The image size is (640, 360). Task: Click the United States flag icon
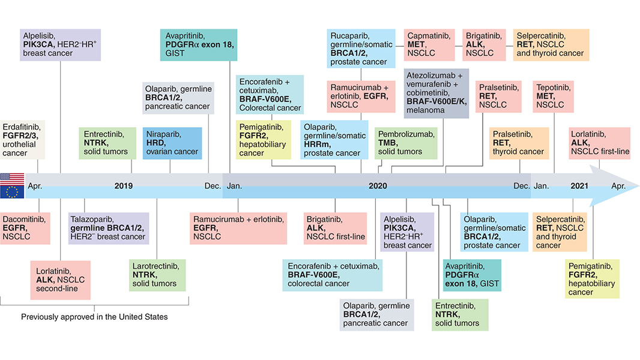(x=12, y=178)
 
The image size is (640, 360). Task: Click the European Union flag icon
(x=12, y=192)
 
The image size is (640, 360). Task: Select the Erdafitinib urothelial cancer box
(x=22, y=139)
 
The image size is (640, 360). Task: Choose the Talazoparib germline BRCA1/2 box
(x=109, y=228)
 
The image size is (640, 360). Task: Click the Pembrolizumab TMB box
(x=406, y=143)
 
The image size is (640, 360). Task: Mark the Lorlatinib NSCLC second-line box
(x=61, y=280)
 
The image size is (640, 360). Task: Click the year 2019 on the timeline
(x=124, y=186)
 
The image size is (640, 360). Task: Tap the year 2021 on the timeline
(x=579, y=186)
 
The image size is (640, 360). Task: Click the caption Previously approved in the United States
(x=94, y=316)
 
